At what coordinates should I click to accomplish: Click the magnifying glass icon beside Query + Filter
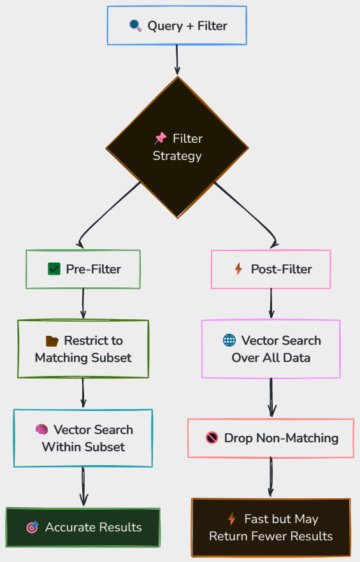point(135,25)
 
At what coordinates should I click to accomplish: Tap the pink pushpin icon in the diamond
point(161,138)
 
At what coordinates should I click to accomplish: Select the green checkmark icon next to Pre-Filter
point(54,269)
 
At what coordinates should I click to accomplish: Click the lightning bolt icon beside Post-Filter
point(238,269)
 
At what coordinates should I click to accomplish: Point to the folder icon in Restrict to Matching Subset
point(52,341)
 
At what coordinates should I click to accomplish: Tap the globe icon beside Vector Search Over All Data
point(229,340)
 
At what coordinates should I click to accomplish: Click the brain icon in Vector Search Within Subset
point(41,429)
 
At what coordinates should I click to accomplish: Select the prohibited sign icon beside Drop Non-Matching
point(212,438)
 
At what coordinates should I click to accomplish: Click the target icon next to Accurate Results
point(32,527)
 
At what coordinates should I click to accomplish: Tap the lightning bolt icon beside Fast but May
point(232,519)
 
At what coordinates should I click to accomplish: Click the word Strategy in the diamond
point(177,156)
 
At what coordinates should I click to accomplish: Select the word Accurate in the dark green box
point(70,527)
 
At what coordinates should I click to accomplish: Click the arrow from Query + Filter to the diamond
point(176,60)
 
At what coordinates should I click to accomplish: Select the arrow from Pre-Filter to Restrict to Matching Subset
point(83,303)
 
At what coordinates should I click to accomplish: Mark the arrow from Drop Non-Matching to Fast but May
point(271,477)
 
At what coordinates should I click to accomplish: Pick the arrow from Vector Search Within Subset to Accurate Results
point(83,486)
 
